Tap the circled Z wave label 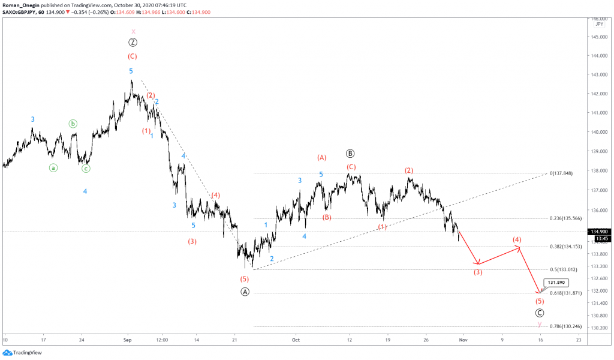[133, 42]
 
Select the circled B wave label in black [350, 153]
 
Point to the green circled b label [73, 124]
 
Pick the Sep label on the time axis [127, 339]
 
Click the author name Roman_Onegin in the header [22, 5]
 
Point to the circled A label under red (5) [245, 292]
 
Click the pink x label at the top [133, 31]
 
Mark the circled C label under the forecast [540, 313]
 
